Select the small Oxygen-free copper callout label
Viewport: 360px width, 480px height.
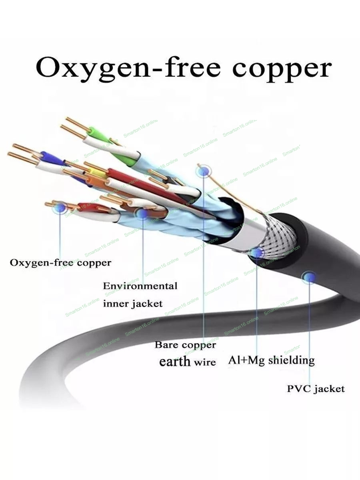coord(60,263)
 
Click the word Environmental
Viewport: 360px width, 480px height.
coord(140,286)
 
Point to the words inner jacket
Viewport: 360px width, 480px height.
coord(133,304)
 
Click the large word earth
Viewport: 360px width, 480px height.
coord(174,362)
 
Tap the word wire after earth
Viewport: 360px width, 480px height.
coord(205,363)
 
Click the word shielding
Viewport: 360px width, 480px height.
coord(291,360)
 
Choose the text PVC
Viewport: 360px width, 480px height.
coord(299,388)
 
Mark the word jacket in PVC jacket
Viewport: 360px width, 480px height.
coord(330,389)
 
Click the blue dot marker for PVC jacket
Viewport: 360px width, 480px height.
coord(309,277)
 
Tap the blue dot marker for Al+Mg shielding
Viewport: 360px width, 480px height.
coord(256,253)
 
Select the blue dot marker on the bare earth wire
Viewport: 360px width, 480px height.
coord(204,171)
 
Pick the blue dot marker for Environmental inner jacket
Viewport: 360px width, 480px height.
coord(142,214)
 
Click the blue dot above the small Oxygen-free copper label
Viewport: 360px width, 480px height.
coord(60,207)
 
